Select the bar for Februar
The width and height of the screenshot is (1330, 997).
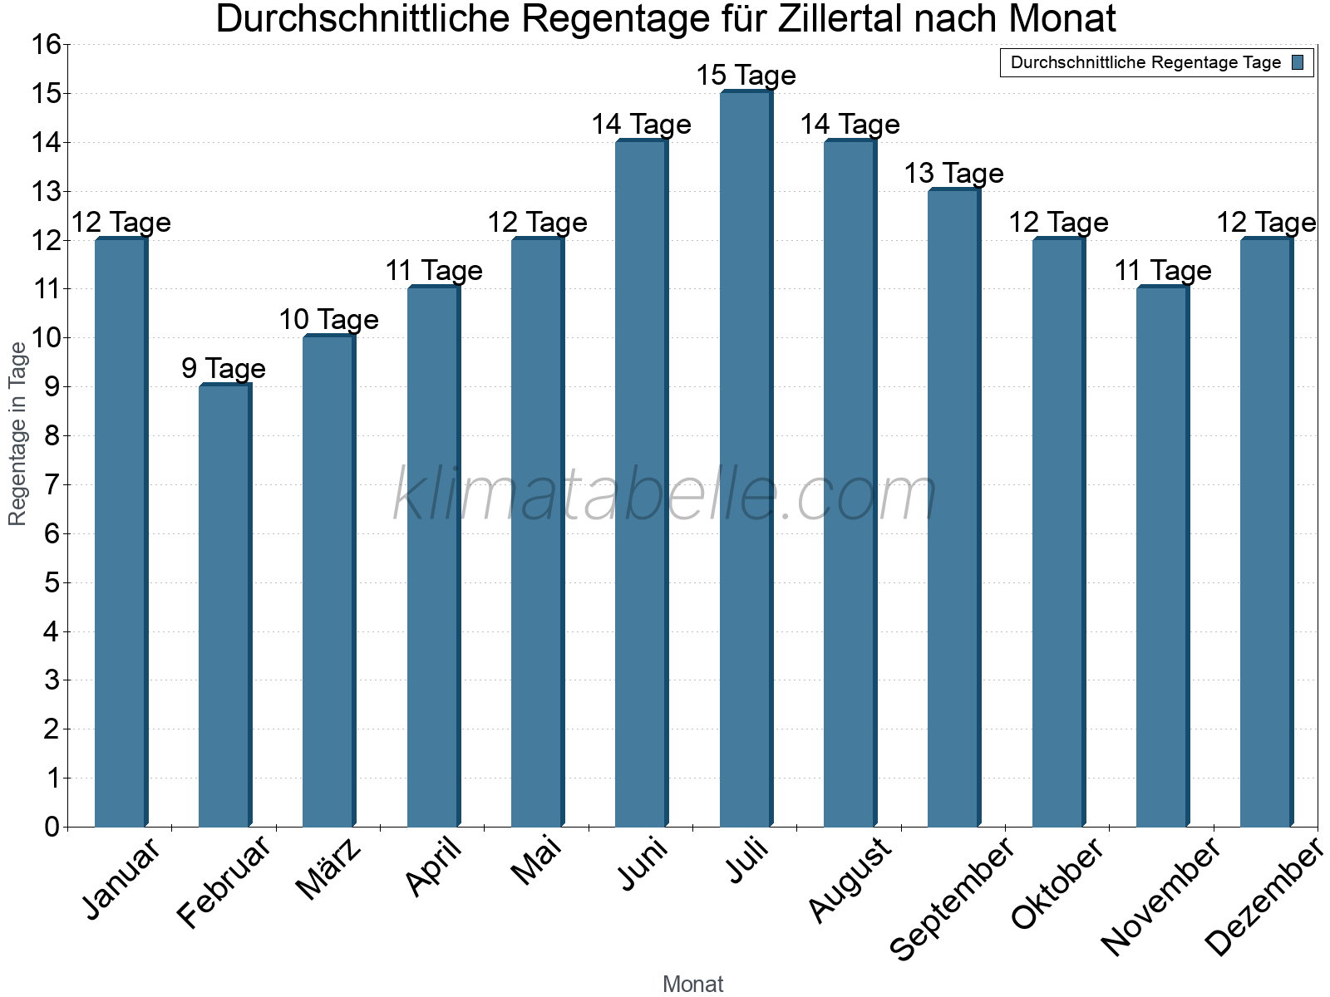tap(224, 607)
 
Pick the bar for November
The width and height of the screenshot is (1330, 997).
tap(1162, 557)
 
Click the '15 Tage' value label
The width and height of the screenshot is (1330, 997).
tap(746, 76)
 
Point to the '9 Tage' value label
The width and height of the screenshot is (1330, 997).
tap(224, 369)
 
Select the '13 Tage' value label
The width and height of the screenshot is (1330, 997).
tap(953, 174)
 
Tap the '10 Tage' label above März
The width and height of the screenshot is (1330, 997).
tap(328, 320)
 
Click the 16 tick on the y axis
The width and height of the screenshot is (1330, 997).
tap(47, 45)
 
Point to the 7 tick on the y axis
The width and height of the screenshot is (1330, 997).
tap(52, 485)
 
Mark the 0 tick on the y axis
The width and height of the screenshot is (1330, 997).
tap(52, 827)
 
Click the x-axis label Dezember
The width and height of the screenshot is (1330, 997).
tap(1263, 897)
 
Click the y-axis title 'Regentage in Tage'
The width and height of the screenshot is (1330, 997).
tap(17, 435)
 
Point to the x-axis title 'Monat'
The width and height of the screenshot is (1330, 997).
tap(692, 985)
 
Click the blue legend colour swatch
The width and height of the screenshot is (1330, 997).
tap(1298, 62)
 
